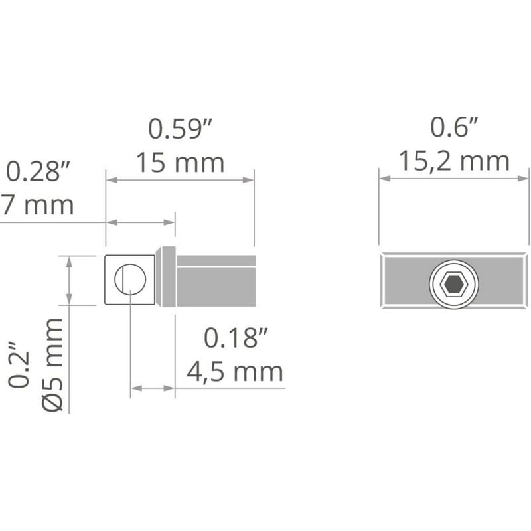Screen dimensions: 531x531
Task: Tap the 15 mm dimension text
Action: tap(180, 163)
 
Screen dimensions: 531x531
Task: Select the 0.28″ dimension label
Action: tap(38, 171)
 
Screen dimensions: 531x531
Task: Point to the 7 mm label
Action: tap(37, 205)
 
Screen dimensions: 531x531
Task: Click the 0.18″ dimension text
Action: tap(236, 338)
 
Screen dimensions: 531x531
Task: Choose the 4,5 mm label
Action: tap(235, 372)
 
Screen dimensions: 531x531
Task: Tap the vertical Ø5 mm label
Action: tap(53, 364)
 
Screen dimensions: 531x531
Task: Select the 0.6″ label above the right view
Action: tap(454, 127)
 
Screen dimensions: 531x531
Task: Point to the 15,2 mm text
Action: tap(454, 161)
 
